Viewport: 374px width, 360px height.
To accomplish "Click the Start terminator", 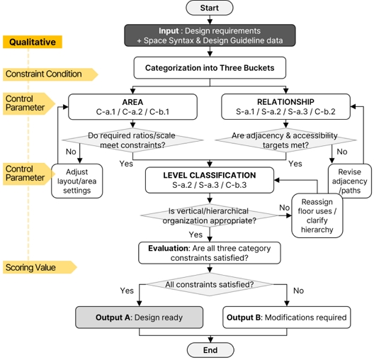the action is (x=210, y=8).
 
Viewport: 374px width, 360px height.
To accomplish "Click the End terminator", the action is (x=210, y=350).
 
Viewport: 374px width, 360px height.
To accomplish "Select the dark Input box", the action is (x=210, y=35).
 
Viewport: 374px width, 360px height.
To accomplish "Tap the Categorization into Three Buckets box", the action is (x=210, y=68).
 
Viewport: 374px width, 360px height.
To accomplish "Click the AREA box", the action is (x=132, y=106).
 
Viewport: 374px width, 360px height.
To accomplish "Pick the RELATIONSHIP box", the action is (x=285, y=106).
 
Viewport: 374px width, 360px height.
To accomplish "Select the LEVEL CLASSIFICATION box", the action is (x=210, y=180).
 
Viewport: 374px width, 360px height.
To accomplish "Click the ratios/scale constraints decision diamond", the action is (x=132, y=140).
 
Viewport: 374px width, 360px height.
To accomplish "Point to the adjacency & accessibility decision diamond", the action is (x=285, y=140).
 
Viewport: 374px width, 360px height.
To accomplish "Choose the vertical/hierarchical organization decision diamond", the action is (x=210, y=215).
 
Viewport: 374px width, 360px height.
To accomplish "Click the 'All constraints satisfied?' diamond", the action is (x=210, y=284).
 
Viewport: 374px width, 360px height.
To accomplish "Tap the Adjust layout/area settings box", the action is (x=77, y=181).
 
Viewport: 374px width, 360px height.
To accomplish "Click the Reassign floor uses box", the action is (x=317, y=215).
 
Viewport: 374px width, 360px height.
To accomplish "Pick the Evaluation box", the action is (x=210, y=253).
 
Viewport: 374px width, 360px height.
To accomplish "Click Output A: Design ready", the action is (x=140, y=317).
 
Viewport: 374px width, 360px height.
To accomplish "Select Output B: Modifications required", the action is (x=287, y=317).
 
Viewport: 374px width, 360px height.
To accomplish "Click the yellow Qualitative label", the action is (x=33, y=42).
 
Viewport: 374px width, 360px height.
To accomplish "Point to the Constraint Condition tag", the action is (x=50, y=74).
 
